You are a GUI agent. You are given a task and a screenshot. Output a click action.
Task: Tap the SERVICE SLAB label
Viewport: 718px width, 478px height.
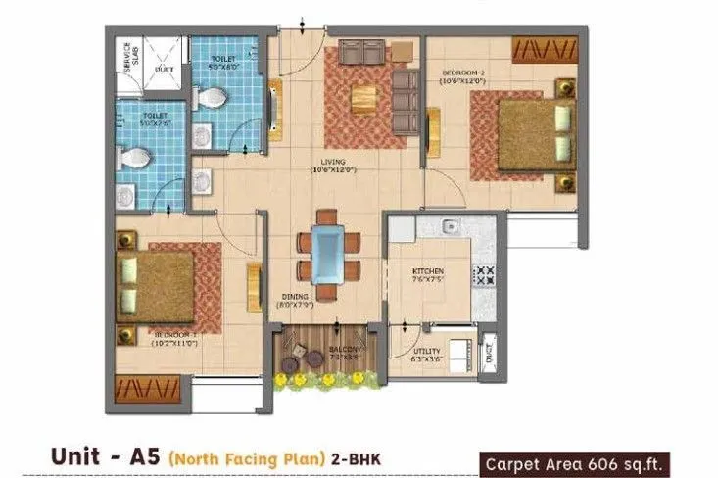(x=125, y=57)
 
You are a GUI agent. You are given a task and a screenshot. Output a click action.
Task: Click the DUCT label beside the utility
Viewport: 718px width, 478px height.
(x=489, y=347)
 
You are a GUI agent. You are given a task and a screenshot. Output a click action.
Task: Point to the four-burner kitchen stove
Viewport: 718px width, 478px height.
(x=484, y=276)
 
